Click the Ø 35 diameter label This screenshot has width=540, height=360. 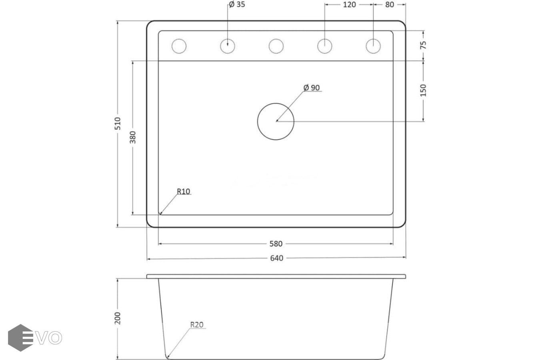tap(237, 4)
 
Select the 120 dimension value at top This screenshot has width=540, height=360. tap(349, 4)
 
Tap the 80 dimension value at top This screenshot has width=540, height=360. tap(390, 4)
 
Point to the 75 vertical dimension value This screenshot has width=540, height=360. tap(423, 45)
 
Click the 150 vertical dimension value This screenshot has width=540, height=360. tap(423, 90)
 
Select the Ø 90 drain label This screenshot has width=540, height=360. tap(312, 88)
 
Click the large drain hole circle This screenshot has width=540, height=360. tap(276, 122)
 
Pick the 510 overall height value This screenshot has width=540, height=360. tap(118, 124)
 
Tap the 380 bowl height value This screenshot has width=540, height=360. tap(133, 137)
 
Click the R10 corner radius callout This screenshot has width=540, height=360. tap(184, 192)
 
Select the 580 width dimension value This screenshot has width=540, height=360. tap(276, 244)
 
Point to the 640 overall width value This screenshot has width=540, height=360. tap(276, 258)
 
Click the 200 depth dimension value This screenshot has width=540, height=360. tap(118, 318)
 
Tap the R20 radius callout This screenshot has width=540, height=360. tap(197, 325)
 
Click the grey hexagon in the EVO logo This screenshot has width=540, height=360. tap(20, 338)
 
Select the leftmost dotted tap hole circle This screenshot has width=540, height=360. tap(179, 46)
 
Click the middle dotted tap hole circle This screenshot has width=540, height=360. tap(276, 46)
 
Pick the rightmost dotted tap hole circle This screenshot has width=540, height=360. tap(373, 46)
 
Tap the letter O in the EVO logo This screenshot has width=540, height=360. tap(55, 338)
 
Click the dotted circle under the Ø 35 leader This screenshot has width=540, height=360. tap(227, 46)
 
